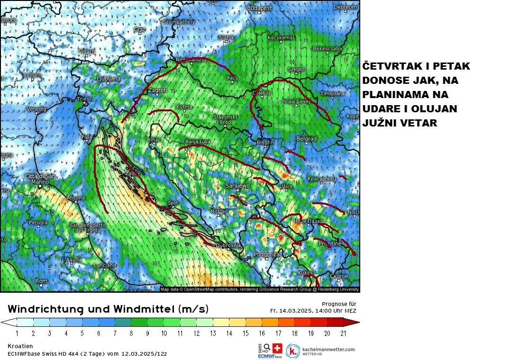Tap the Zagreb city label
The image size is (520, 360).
[x=157, y=90]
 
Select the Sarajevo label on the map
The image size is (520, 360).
[x=237, y=186]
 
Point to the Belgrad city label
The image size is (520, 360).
[x=306, y=139]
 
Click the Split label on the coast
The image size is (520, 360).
[x=173, y=203]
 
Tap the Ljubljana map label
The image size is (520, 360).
[x=109, y=79]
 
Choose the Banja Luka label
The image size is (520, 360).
[x=198, y=142]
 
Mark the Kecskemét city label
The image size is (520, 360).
[x=281, y=38]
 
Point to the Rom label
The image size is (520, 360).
[x=42, y=281]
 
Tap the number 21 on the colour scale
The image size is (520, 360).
[x=343, y=333]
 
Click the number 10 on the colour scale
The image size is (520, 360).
[x=164, y=333]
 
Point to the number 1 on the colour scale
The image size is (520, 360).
[x=17, y=333]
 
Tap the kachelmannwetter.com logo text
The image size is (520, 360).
[x=328, y=349]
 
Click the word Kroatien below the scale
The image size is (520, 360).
[x=20, y=346]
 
